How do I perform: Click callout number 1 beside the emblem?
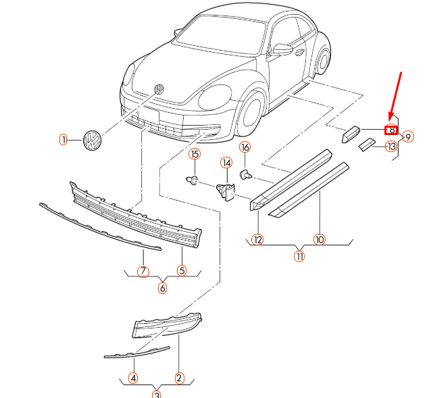tap(63, 140)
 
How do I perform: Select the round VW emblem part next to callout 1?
tap(91, 140)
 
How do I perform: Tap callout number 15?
tap(195, 154)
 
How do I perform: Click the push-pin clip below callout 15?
tap(193, 180)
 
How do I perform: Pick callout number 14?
tap(226, 163)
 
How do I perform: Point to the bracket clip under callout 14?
tap(225, 191)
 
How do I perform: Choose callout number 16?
tap(245, 147)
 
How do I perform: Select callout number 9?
tap(408, 138)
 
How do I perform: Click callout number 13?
tap(391, 147)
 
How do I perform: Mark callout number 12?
tap(257, 239)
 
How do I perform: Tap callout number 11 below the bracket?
tap(299, 256)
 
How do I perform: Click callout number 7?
tap(143, 271)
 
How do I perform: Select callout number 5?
tap(182, 271)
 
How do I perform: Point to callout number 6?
tap(162, 288)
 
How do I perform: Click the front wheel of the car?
tap(251, 109)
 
